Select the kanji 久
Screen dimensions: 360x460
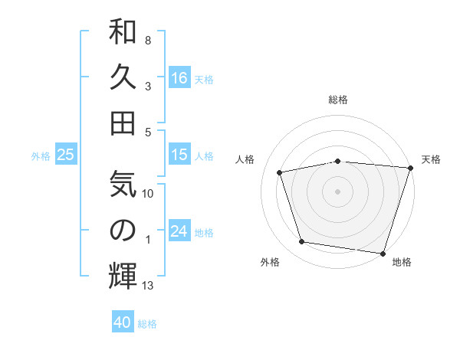pyautogui.click(x=123, y=78)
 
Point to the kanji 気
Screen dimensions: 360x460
pyautogui.click(x=123, y=185)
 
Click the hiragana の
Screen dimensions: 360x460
pyautogui.click(x=123, y=229)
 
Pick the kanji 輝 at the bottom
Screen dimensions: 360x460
pyautogui.click(x=123, y=276)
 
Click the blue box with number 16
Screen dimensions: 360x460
pyautogui.click(x=179, y=78)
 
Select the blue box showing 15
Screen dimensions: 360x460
pyautogui.click(x=179, y=155)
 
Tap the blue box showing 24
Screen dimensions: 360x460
pyautogui.click(x=179, y=232)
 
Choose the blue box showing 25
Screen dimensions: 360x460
pyautogui.click(x=66, y=155)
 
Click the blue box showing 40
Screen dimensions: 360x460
pyautogui.click(x=123, y=322)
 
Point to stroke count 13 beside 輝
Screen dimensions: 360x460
pyautogui.click(x=148, y=286)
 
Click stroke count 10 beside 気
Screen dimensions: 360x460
pyautogui.click(x=149, y=194)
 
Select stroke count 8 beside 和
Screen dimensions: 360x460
pyautogui.click(x=148, y=40)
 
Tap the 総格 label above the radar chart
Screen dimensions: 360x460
pyautogui.click(x=338, y=100)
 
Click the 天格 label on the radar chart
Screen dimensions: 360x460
pyautogui.click(x=431, y=159)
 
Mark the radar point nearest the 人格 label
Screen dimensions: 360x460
pyautogui.click(x=281, y=172)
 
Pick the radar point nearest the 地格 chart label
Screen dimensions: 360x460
pyautogui.click(x=383, y=253)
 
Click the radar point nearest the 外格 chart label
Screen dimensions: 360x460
pyautogui.click(x=302, y=242)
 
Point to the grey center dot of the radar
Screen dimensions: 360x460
pyautogui.click(x=338, y=191)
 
